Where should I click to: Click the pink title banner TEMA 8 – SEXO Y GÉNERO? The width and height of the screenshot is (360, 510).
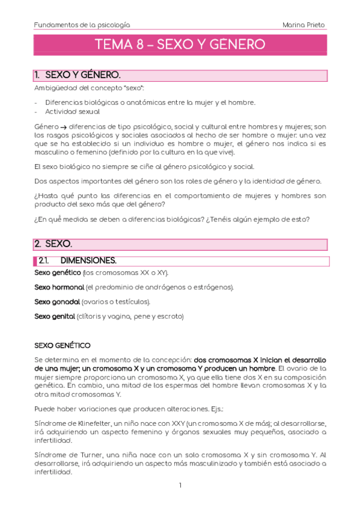180,45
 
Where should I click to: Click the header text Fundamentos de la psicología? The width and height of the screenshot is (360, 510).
82,25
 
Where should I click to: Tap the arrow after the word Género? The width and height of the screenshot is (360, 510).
63,126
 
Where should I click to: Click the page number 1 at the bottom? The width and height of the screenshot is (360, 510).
180,485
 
